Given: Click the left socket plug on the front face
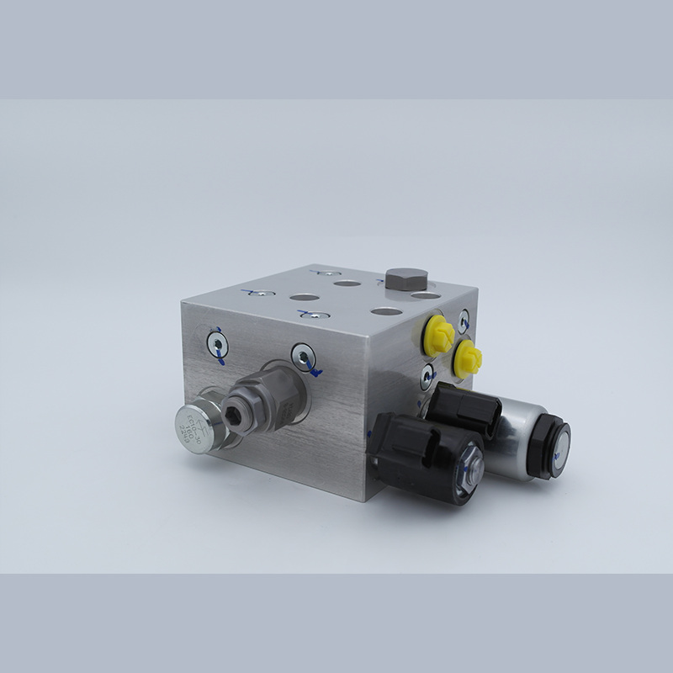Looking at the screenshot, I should click(216, 343).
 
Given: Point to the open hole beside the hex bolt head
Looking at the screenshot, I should click(427, 296).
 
